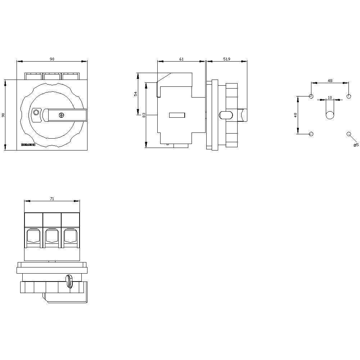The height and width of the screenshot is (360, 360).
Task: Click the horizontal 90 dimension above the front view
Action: tap(52, 59)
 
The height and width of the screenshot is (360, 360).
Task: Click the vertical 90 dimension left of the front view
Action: tap(3, 115)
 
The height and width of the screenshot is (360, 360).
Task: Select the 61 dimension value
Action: tap(181, 59)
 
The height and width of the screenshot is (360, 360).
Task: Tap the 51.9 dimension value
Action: tap(227, 59)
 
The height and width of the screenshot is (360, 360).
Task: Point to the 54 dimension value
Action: tap(136, 94)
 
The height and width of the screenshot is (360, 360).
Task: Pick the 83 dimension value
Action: tap(144, 115)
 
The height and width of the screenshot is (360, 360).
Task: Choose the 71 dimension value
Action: tap(52, 198)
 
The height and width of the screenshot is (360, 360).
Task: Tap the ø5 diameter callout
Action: tap(356, 145)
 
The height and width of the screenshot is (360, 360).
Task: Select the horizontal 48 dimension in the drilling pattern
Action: tap(330, 81)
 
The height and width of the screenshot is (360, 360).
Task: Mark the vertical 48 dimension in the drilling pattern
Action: tap(296, 115)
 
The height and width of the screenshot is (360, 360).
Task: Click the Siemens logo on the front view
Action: tap(28, 145)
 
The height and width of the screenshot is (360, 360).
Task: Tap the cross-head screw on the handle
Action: tap(61, 115)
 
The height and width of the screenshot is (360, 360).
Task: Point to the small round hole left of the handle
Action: tap(36, 112)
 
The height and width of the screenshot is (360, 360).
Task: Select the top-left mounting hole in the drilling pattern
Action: tap(311, 96)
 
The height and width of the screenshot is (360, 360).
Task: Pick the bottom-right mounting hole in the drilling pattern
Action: tap(348, 134)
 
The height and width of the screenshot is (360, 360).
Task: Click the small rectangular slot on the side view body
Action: tap(177, 115)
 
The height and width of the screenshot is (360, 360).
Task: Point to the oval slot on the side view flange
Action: tap(225, 115)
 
